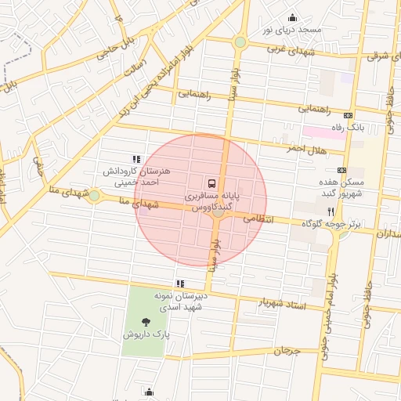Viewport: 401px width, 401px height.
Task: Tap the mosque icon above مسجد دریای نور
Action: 292,18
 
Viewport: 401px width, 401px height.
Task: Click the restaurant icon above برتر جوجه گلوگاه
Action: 331,212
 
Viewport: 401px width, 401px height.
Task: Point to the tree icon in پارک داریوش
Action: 146,321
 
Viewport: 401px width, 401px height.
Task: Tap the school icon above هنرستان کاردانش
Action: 136,159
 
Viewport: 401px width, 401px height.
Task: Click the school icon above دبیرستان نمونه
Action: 181,284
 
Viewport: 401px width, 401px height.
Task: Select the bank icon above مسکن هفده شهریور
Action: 341,169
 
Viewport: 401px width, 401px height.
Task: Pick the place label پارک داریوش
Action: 146,334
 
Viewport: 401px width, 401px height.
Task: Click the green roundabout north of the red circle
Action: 240,42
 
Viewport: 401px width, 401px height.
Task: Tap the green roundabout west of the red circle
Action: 94,195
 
